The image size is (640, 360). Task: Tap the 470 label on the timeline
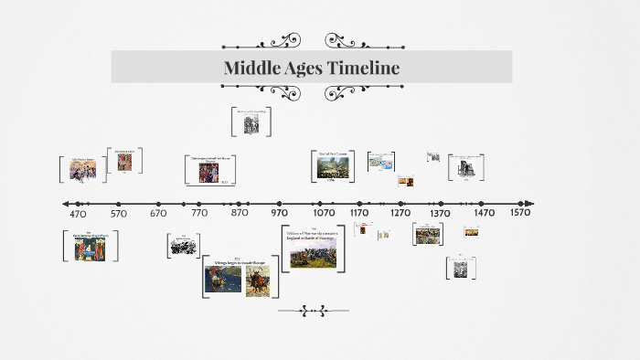pyautogui.click(x=78, y=214)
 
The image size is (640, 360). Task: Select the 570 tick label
pyautogui.click(x=118, y=214)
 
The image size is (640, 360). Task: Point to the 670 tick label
pyautogui.click(x=158, y=214)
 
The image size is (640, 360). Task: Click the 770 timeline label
pyautogui.click(x=199, y=214)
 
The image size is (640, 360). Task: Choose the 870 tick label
pyautogui.click(x=240, y=214)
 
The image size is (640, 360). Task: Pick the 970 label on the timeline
pyautogui.click(x=280, y=214)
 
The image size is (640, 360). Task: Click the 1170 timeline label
pyautogui.click(x=359, y=214)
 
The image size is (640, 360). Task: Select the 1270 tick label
pyautogui.click(x=400, y=214)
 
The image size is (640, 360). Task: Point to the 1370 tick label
pyautogui.click(x=441, y=214)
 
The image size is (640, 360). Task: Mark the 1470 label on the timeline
pyautogui.click(x=485, y=214)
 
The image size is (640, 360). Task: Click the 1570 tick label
pyautogui.click(x=521, y=214)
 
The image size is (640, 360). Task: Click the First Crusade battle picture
pyautogui.click(x=332, y=167)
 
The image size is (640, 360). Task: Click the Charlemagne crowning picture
pyautogui.click(x=208, y=171)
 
